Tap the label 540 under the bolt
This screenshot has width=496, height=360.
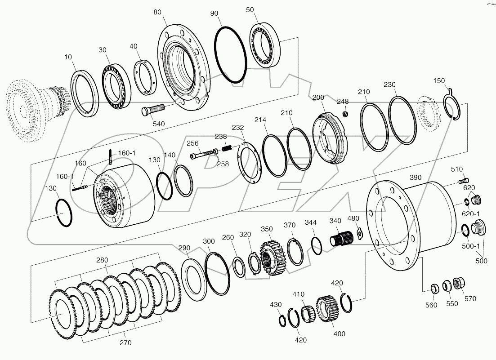click(x=159, y=124)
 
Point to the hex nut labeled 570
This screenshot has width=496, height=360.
click(x=459, y=284)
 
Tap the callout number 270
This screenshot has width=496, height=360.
click(x=125, y=342)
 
